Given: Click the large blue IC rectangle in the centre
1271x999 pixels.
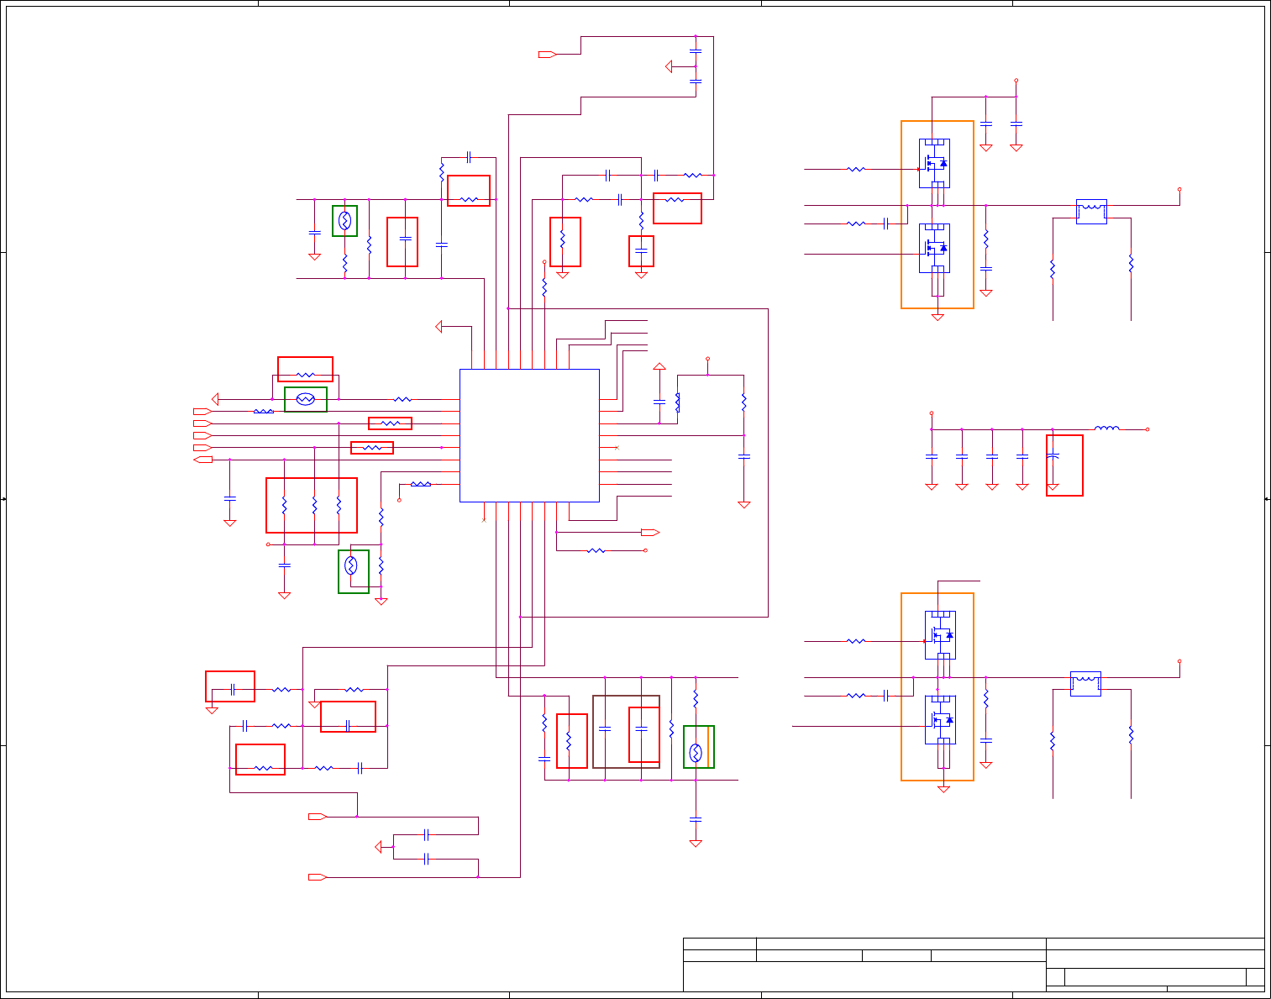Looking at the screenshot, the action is [x=529, y=435].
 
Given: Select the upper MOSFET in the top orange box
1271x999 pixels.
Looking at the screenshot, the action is [x=934, y=163].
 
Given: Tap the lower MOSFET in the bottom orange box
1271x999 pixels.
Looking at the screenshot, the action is [x=940, y=720].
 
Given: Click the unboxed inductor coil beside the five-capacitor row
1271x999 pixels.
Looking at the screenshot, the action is [x=1106, y=429].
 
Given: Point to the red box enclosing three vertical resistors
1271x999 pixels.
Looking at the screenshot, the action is [x=312, y=505].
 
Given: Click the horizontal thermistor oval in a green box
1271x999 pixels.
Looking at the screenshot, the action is [x=306, y=399].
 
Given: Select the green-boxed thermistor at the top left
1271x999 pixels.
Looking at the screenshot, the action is [x=344, y=221].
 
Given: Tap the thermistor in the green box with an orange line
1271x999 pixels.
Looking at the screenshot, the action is [x=696, y=752].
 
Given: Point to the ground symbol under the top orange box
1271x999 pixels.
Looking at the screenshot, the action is [x=937, y=317].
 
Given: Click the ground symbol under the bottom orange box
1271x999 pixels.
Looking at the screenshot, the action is [x=943, y=789].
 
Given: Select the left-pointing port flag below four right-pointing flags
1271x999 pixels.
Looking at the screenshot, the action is [x=202, y=460].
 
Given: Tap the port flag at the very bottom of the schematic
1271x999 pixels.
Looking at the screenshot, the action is [x=317, y=877].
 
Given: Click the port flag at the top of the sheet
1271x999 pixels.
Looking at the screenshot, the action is [x=547, y=55].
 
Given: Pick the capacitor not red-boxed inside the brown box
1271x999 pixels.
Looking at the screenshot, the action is [x=605, y=728].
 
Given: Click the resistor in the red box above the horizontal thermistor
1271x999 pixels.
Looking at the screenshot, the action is [x=306, y=375].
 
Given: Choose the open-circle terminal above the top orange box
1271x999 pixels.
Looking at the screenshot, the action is [x=1016, y=81].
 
